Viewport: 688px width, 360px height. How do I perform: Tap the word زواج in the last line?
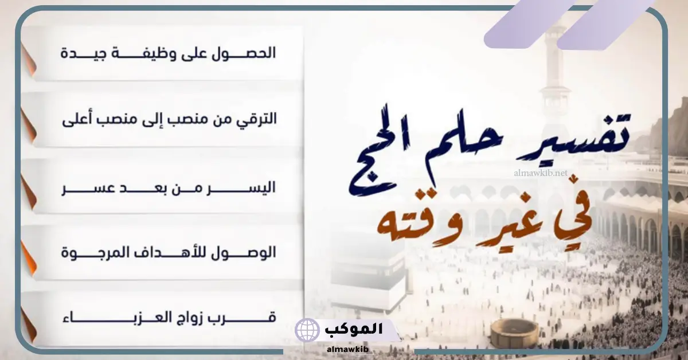190,318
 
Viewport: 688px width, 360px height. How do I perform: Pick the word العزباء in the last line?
117,318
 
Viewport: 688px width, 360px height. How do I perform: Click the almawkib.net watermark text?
541,173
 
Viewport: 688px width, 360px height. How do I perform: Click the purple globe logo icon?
307,330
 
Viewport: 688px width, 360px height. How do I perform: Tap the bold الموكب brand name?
354,329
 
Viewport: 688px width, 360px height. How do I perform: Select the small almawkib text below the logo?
347,349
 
